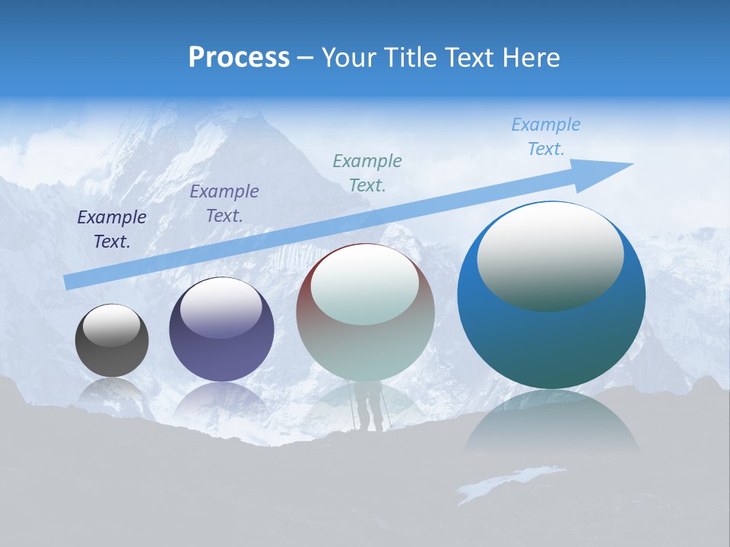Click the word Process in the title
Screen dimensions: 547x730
(239, 58)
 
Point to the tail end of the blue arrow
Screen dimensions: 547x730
(70, 281)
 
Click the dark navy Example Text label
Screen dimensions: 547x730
(112, 229)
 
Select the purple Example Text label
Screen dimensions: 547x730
(224, 204)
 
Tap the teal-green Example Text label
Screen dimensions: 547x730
(367, 173)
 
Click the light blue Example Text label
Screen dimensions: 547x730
(546, 137)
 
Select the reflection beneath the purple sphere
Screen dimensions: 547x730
(221, 399)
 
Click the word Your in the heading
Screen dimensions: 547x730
(345, 58)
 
